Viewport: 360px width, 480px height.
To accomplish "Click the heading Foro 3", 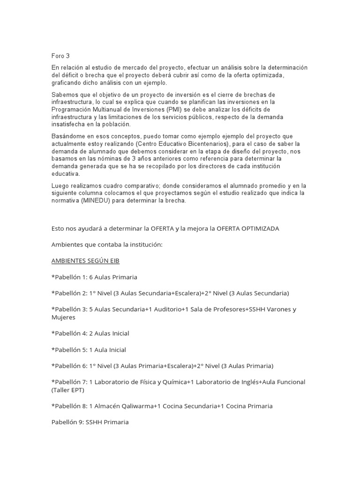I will point(60,56).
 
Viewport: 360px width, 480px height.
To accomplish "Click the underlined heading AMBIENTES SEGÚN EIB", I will point(85,261).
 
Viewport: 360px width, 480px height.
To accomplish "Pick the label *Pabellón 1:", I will point(68,277).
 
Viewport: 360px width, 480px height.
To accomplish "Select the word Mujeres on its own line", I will point(64,317).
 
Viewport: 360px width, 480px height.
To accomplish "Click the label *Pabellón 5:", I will point(68,349).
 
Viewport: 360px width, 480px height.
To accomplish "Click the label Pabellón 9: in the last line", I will point(67,422).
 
